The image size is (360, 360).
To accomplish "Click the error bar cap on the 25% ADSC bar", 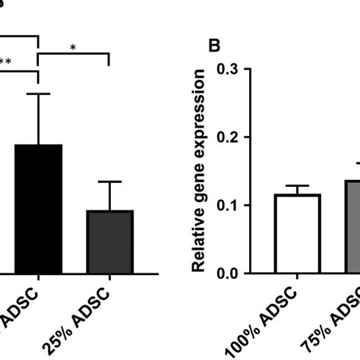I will pyautogui.click(x=110, y=182).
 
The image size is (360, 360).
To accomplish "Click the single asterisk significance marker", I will pyautogui.click(x=73, y=48).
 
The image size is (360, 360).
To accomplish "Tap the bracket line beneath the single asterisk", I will pyautogui.click(x=74, y=54).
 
